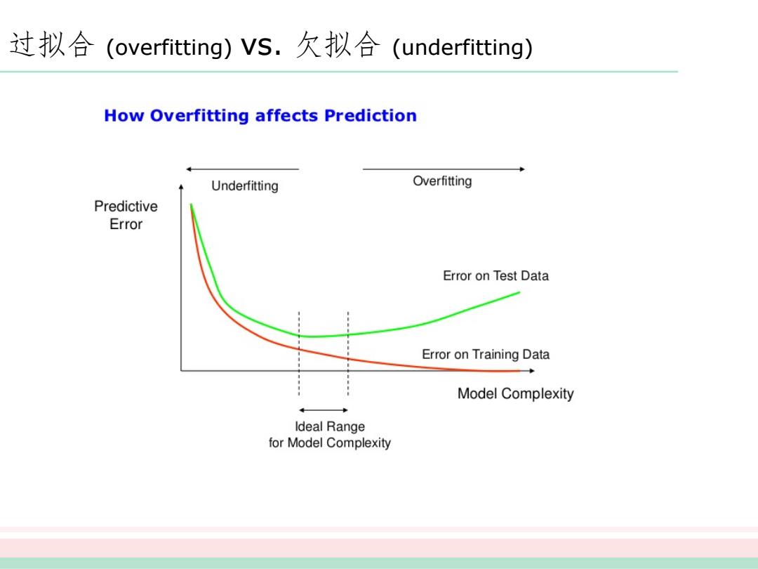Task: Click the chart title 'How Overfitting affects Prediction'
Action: (260, 116)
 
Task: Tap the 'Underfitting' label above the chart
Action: (245, 186)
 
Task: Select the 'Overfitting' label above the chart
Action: (442, 181)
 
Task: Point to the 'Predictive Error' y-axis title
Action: (126, 216)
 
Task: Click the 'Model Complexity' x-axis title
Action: (516, 394)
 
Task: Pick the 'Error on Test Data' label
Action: (496, 276)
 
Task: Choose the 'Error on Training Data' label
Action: (486, 355)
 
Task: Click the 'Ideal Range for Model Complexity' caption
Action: (330, 435)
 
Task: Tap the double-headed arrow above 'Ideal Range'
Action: (324, 410)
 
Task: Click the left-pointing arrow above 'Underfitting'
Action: (243, 169)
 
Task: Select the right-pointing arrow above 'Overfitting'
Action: (444, 169)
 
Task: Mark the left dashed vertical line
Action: (299, 353)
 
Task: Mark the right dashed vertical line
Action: (348, 353)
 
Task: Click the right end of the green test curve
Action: (519, 292)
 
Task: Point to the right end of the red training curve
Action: (519, 371)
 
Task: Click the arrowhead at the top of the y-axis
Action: (181, 186)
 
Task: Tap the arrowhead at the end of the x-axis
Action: (532, 371)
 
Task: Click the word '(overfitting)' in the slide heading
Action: (168, 48)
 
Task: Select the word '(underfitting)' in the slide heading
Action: (463, 48)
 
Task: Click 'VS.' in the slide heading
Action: (261, 47)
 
